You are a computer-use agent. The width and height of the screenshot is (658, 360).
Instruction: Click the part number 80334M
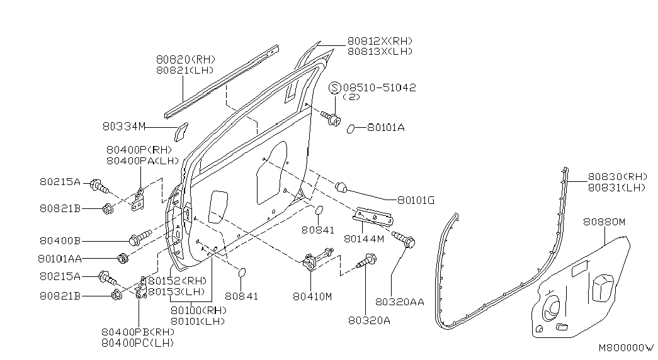point(124,127)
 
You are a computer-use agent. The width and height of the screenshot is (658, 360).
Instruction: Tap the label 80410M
point(312,296)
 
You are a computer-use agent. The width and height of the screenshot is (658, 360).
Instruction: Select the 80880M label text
point(604,222)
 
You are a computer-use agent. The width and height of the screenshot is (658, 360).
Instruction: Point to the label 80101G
point(416,201)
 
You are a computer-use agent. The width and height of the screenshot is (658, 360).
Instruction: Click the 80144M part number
point(364,239)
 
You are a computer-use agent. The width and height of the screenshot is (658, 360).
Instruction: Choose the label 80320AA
point(399,301)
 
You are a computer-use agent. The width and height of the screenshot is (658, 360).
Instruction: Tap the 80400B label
point(60,241)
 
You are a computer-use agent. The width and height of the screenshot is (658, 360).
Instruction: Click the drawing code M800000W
point(626,348)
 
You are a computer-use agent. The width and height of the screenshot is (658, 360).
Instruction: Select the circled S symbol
point(335,87)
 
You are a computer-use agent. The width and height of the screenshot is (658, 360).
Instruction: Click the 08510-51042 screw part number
point(379,87)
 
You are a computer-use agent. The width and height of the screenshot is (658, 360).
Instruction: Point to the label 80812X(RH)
point(380,41)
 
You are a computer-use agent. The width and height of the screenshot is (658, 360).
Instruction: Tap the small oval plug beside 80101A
point(351,128)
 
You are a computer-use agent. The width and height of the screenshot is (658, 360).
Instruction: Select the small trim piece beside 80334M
point(181,132)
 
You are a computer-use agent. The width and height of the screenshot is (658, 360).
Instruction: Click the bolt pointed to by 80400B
point(140,237)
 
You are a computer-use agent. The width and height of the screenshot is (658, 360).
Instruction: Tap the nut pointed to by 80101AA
point(123,259)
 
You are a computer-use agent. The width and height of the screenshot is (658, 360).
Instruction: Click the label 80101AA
point(60,259)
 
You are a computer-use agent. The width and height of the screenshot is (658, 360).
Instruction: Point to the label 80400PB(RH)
point(138,332)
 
